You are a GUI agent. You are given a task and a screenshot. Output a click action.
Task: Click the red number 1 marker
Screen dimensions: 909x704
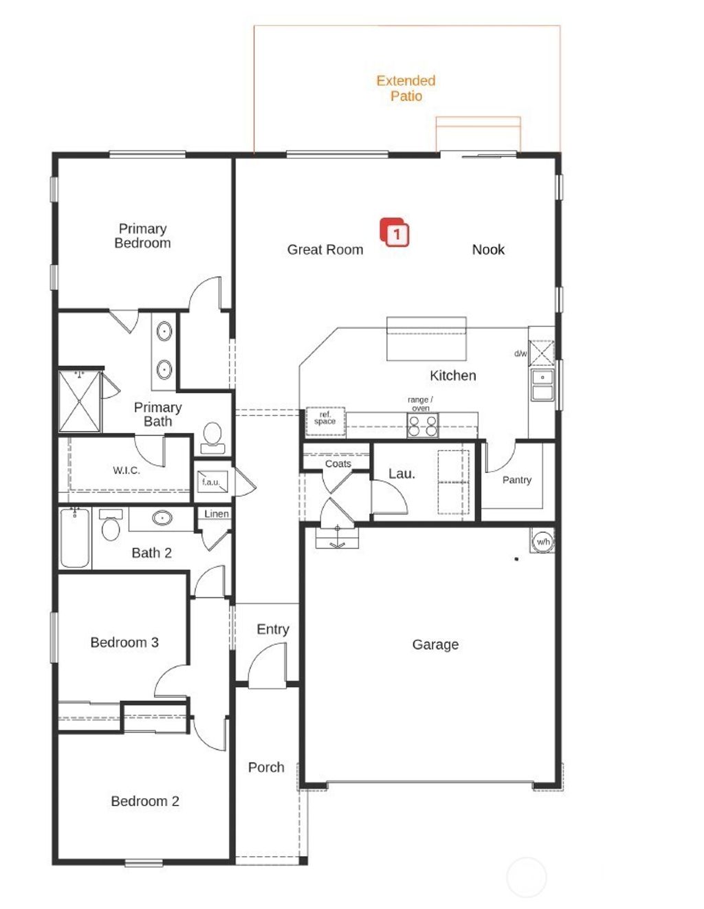(x=395, y=233)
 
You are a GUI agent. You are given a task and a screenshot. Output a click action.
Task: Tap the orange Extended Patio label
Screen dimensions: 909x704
(x=406, y=88)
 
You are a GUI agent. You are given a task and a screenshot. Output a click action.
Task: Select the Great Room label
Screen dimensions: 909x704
(x=325, y=250)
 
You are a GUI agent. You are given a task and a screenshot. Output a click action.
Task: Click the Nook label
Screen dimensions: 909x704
(x=488, y=250)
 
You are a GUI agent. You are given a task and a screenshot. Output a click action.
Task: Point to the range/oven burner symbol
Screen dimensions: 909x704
(x=422, y=426)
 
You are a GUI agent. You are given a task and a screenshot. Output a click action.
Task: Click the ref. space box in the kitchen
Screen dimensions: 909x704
(x=325, y=420)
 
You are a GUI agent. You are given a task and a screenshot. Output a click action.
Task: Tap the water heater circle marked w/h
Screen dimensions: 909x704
(x=542, y=542)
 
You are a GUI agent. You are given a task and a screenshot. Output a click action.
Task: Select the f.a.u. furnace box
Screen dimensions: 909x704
(x=211, y=482)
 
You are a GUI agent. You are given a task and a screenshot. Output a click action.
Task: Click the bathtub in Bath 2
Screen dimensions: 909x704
(x=75, y=538)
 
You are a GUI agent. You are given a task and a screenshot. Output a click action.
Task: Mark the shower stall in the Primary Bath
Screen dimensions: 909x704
(x=79, y=402)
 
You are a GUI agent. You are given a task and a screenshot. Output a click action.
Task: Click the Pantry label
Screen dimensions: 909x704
(x=517, y=480)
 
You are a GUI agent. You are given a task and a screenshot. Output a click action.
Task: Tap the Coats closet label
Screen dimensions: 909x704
(x=338, y=463)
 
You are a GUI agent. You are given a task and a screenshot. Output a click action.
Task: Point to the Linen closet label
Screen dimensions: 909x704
(x=216, y=514)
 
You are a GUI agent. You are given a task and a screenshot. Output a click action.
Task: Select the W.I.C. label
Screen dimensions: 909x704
(x=126, y=470)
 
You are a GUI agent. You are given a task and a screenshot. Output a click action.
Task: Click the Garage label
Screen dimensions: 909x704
(x=435, y=644)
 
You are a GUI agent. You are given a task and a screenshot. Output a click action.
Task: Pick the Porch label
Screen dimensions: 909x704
(x=266, y=767)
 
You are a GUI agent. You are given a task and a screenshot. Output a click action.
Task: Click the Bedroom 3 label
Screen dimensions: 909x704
(x=124, y=642)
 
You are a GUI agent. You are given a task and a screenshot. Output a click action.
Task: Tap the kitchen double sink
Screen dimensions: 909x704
(x=542, y=385)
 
